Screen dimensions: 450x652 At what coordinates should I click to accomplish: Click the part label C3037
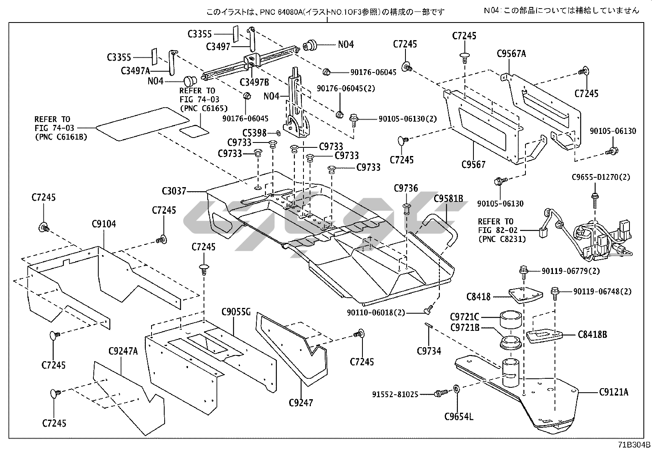click(174, 191)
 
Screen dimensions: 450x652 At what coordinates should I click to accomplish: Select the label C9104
click(104, 224)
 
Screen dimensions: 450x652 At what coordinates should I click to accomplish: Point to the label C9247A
click(123, 351)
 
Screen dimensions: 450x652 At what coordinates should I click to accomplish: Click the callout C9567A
click(511, 54)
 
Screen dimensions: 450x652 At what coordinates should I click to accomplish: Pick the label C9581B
click(448, 199)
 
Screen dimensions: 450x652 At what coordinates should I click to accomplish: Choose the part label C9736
click(406, 188)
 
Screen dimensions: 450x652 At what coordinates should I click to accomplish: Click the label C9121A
click(614, 392)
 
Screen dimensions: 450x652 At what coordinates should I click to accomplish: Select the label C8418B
click(593, 335)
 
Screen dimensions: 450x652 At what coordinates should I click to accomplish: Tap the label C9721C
click(464, 317)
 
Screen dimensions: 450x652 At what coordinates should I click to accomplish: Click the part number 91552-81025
click(395, 394)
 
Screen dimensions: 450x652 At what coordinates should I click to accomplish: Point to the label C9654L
click(459, 417)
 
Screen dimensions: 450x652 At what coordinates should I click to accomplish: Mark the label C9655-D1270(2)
click(601, 177)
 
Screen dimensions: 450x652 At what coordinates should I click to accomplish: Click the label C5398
click(254, 133)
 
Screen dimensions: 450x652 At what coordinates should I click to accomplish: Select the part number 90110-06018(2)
click(376, 313)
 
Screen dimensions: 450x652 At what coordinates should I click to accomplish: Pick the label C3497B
click(254, 82)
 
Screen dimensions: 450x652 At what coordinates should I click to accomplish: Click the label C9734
click(429, 351)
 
